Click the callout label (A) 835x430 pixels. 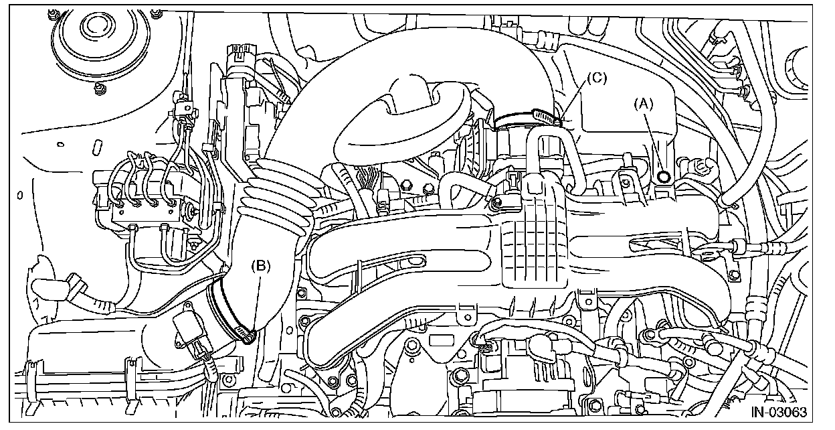coord(644,103)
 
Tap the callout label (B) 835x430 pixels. coord(260,266)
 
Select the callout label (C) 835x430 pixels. coord(596,78)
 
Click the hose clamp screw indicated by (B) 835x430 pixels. coord(250,337)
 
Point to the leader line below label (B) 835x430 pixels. coord(257,301)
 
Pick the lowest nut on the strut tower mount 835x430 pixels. coord(100,87)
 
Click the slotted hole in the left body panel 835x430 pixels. coord(96,147)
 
